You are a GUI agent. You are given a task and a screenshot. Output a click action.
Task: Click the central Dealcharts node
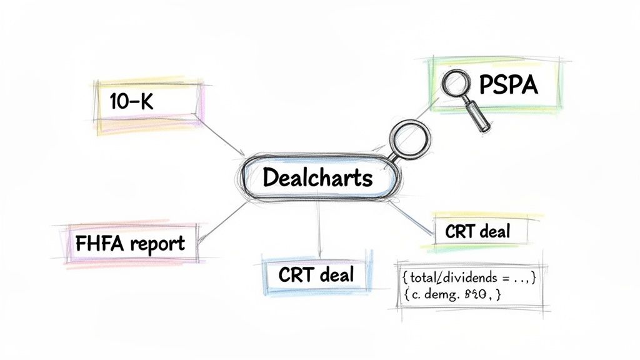point(318,177)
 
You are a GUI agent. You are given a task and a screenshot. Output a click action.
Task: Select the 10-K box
point(150,105)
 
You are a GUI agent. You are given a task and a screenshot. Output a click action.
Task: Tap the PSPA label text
point(507,85)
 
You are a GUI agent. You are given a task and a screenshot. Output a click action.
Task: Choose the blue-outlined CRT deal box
point(317,274)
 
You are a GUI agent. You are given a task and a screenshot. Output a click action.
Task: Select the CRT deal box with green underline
point(477,232)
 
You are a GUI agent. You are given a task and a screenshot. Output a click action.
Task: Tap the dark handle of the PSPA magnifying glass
point(479,119)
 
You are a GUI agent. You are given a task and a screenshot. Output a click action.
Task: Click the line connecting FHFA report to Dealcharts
point(219,219)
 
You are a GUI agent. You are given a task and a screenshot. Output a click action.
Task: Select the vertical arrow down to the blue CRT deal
point(319,225)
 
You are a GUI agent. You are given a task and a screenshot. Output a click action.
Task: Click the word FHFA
point(100,244)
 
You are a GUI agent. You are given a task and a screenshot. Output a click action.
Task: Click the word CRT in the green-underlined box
point(460,232)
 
